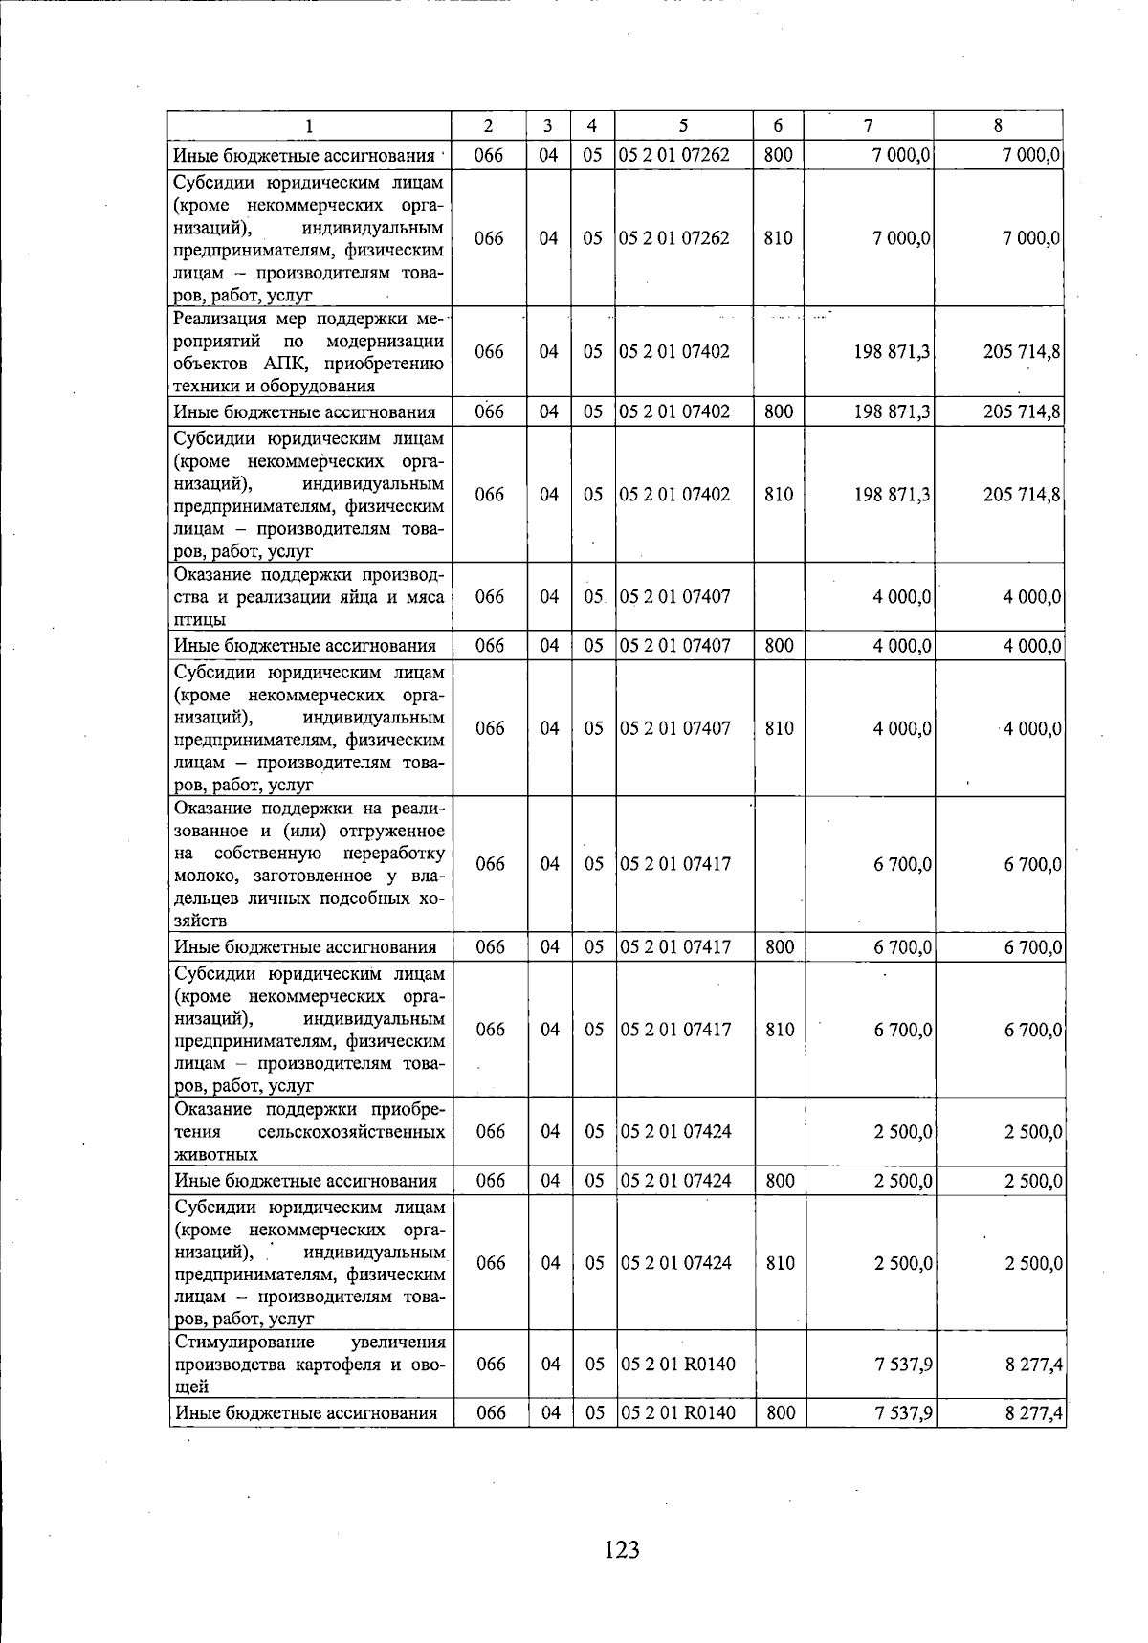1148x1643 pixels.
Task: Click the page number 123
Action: pos(622,1548)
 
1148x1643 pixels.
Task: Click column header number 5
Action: pos(683,125)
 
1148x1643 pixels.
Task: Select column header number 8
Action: pos(998,125)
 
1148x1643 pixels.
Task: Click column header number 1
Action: pos(309,125)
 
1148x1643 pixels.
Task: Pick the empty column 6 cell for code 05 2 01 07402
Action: pos(779,351)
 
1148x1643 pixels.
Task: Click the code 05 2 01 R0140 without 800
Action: pos(678,1363)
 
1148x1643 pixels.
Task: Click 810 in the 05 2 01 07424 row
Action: pos(780,1262)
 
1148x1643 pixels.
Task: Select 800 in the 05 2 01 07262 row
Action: pos(779,154)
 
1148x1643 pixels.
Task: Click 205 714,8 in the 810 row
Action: pos(1021,494)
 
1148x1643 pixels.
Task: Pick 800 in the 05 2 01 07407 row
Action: pos(779,645)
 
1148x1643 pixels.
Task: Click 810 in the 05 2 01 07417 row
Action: pos(780,1030)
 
